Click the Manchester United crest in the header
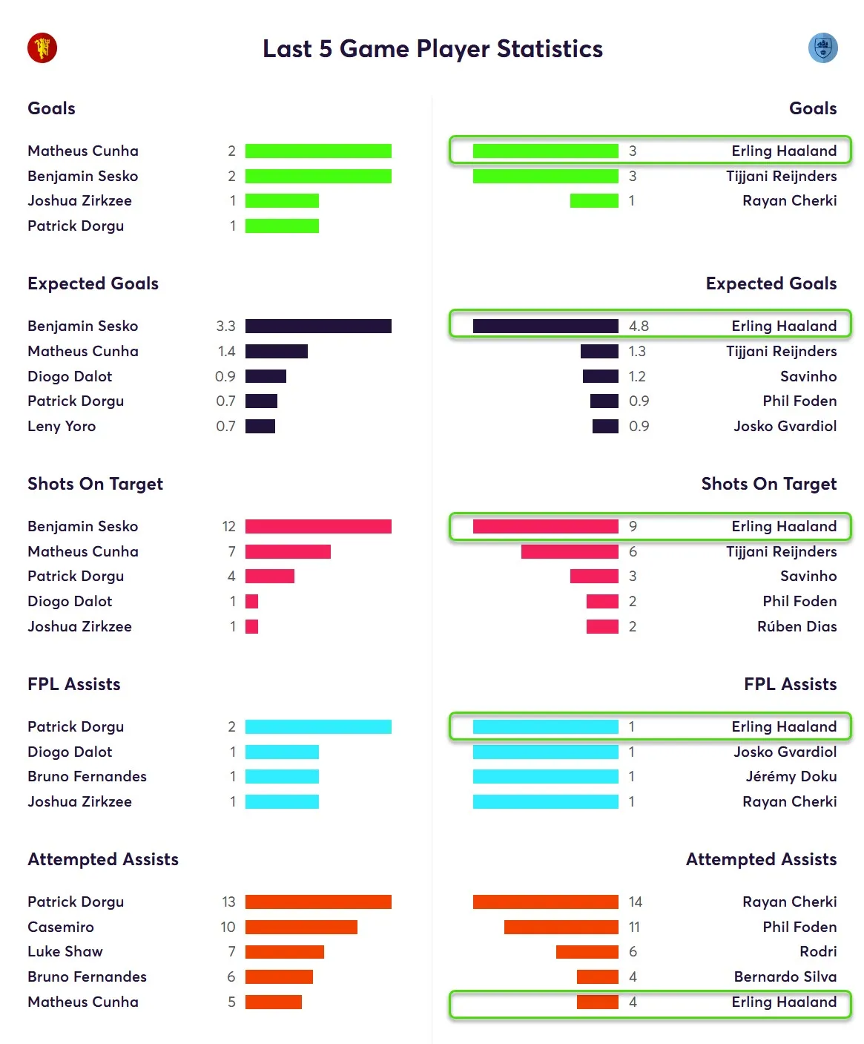tap(42, 48)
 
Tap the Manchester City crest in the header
tap(822, 48)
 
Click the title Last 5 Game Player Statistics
tap(432, 49)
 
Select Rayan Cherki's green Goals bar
tap(593, 200)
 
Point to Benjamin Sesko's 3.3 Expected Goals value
tap(225, 326)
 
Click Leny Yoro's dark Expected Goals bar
tap(260, 426)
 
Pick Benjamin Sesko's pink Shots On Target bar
tap(318, 526)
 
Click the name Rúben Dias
tap(797, 626)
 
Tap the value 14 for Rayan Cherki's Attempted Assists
tap(635, 902)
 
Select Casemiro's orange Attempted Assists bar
tap(301, 927)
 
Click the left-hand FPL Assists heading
tap(73, 684)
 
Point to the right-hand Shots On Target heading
tap(768, 484)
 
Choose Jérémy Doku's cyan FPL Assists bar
tap(545, 776)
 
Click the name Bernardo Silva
tap(785, 976)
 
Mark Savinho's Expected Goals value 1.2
tap(637, 376)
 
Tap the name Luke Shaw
tap(65, 951)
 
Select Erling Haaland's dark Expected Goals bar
tap(545, 326)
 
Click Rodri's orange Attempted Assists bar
tap(587, 951)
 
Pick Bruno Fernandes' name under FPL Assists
tap(87, 776)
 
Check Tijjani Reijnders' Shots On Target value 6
tap(633, 551)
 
